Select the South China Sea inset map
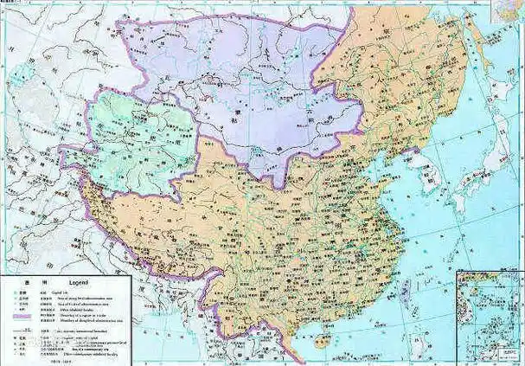(489, 316)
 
